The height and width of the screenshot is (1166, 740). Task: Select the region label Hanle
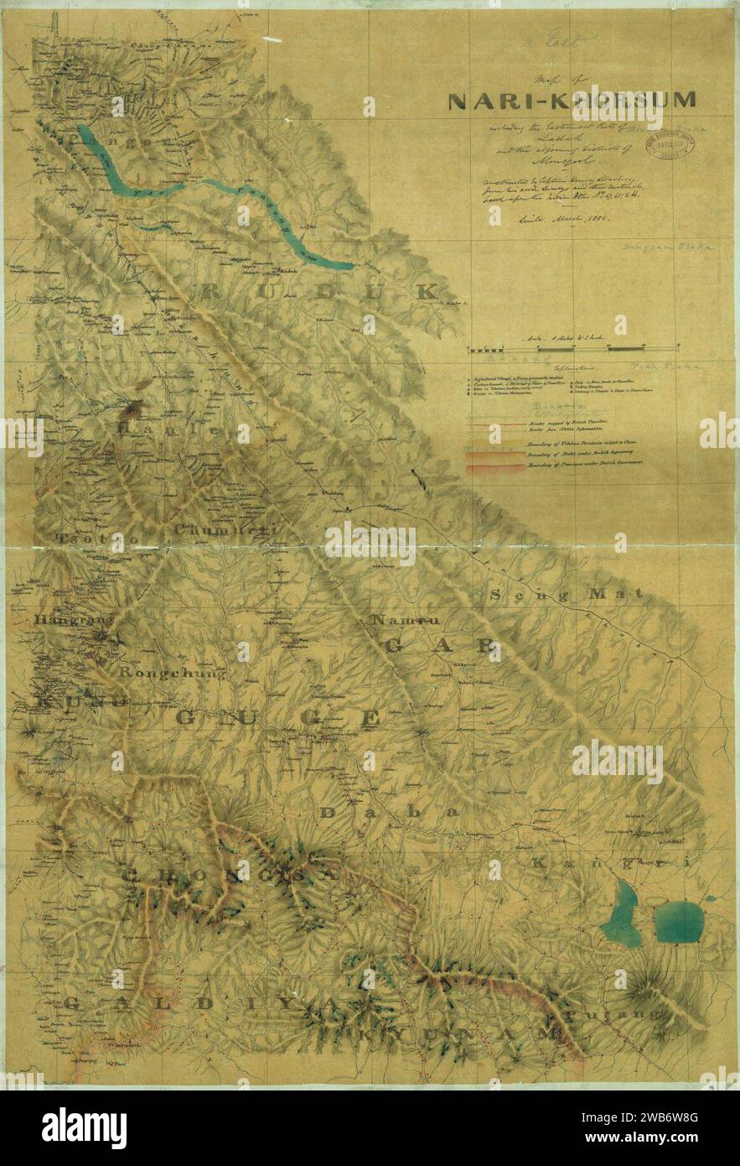[173, 429]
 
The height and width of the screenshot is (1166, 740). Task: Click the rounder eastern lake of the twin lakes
[677, 921]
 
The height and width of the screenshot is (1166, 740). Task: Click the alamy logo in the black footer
[84, 1128]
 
